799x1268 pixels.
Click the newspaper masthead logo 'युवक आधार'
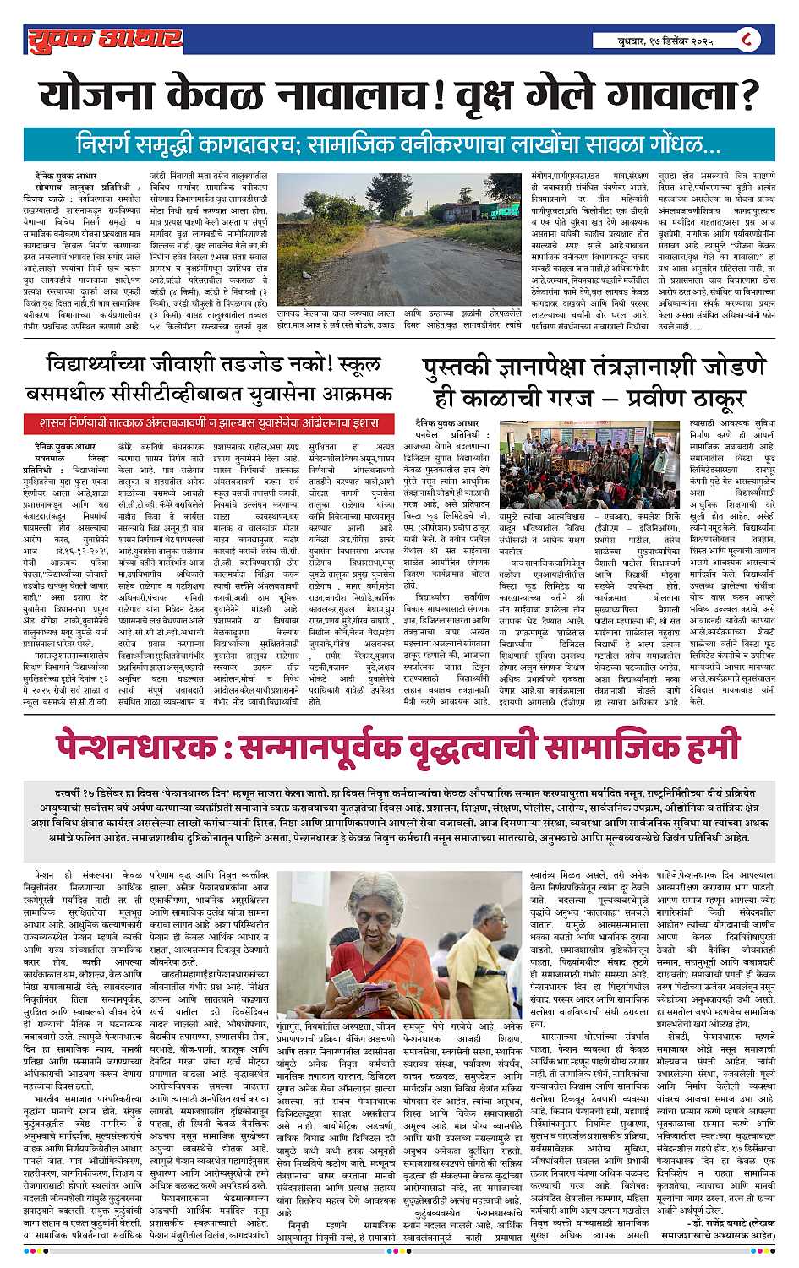pos(104,38)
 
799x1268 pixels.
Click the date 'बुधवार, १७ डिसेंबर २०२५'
pos(665,41)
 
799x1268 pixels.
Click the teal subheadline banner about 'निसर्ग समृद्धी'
pos(398,141)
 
